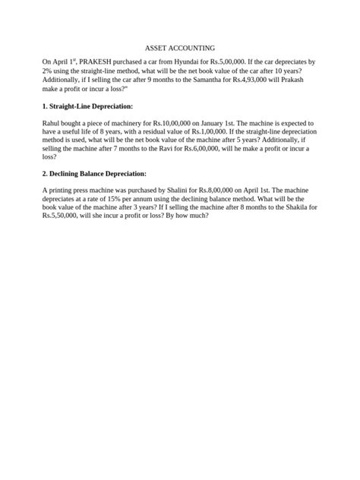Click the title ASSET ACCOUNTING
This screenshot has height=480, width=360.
180,47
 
